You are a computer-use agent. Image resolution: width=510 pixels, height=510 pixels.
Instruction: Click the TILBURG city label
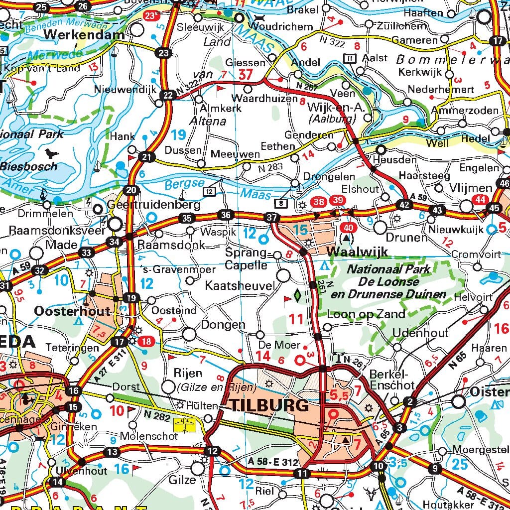(x=269, y=405)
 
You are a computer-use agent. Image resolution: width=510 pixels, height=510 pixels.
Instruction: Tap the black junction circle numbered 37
(x=271, y=218)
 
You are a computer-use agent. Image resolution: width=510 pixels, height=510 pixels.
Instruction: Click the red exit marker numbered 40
(x=349, y=228)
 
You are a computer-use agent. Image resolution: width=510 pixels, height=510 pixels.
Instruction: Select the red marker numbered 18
(x=146, y=341)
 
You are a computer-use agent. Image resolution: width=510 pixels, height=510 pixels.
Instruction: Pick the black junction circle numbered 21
(x=146, y=157)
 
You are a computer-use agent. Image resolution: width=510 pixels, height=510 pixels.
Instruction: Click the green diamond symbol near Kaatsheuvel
(x=297, y=295)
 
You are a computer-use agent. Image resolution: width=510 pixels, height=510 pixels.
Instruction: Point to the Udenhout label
(x=420, y=333)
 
